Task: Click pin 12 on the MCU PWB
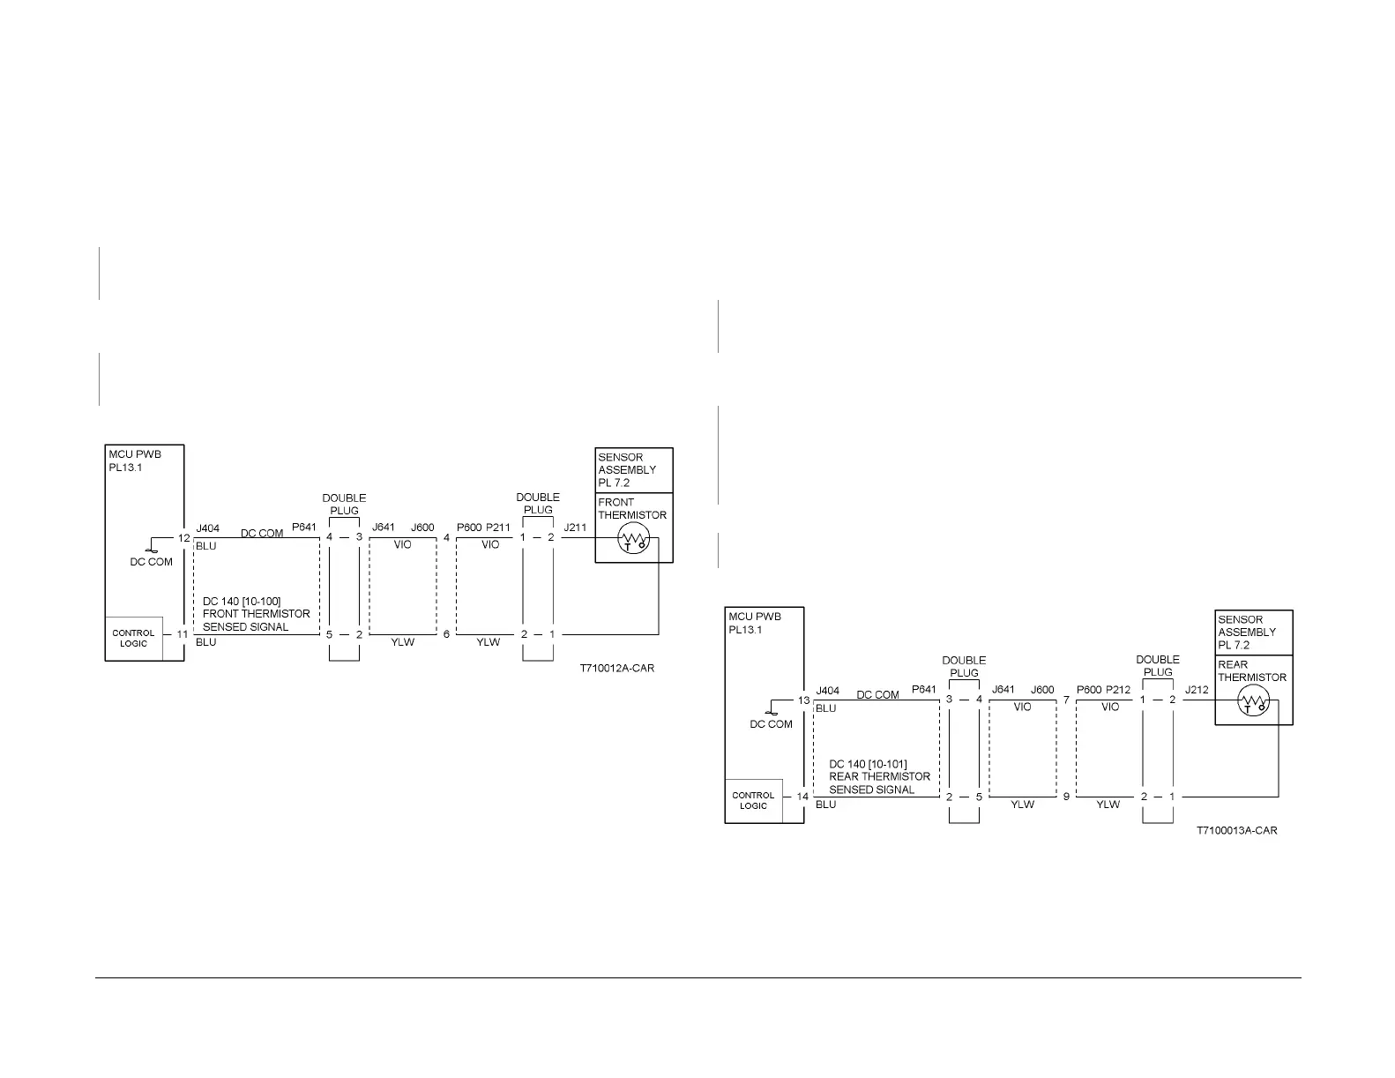coord(183,538)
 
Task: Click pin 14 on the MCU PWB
coord(802,797)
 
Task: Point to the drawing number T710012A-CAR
coord(617,669)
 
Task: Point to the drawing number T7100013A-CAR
coord(1236,831)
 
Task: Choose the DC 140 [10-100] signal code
coord(242,602)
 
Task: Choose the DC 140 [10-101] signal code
coord(868,764)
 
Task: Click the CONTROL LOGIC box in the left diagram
coord(134,638)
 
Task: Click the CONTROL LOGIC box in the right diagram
coord(754,801)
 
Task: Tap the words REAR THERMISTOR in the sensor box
coord(1251,671)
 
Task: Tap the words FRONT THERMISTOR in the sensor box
coord(631,509)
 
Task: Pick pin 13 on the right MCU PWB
coord(803,700)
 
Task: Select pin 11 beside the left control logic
coord(183,634)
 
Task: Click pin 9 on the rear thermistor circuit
coord(1066,797)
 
